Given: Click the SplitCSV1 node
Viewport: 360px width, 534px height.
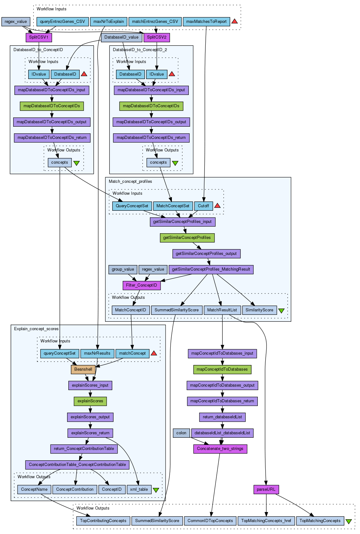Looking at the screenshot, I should point(39,37).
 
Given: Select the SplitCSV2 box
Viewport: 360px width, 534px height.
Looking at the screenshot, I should point(156,37).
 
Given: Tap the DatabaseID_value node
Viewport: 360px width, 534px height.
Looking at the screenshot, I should point(121,37).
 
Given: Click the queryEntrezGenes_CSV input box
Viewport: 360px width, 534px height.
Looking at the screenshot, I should point(62,22).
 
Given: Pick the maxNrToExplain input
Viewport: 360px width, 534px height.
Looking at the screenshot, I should point(109,22).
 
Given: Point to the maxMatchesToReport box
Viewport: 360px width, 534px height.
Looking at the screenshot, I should point(206,22).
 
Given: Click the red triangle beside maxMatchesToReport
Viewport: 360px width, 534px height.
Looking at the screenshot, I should point(235,21).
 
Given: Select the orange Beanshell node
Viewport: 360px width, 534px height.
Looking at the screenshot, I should point(83,369).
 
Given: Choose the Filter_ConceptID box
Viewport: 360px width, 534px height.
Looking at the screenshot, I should point(141,285).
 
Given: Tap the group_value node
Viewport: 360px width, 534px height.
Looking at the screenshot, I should point(123,269).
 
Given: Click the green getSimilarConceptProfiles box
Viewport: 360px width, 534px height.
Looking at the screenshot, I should point(187,238).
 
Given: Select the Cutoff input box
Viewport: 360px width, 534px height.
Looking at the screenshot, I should point(204,206).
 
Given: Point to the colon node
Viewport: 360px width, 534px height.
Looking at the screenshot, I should point(181,433).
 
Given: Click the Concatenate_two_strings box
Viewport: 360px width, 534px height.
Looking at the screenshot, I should point(220,449).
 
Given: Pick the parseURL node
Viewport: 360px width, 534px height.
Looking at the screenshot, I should point(266,489).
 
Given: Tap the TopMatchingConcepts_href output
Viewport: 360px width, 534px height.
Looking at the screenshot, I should point(266,521).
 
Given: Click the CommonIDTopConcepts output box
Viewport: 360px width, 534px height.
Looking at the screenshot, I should point(210,521).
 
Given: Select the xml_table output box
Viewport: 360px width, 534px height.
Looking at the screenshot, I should point(139,489).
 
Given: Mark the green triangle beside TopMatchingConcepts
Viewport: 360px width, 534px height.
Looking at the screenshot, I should point(348,521).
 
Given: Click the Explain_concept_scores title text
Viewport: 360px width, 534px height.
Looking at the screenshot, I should point(36,329).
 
